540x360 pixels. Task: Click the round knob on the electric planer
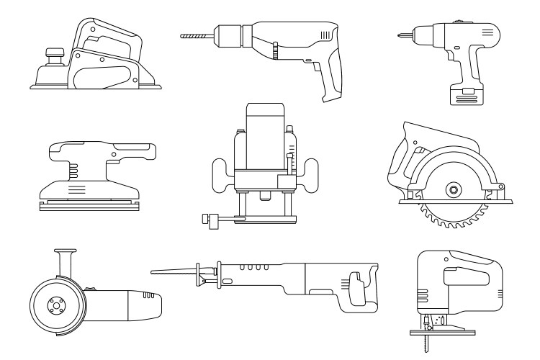pyautogui.click(x=53, y=54)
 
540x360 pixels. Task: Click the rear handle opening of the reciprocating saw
pyautogui.click(x=354, y=286)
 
